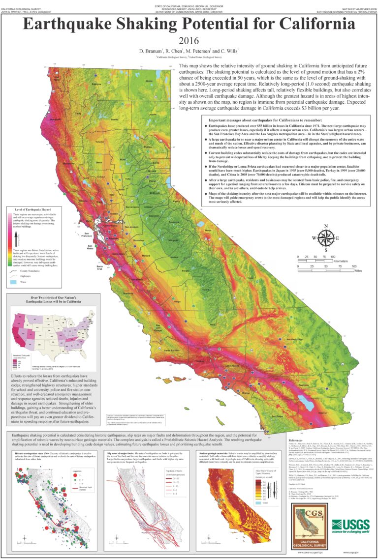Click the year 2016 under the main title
pos(189,41)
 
